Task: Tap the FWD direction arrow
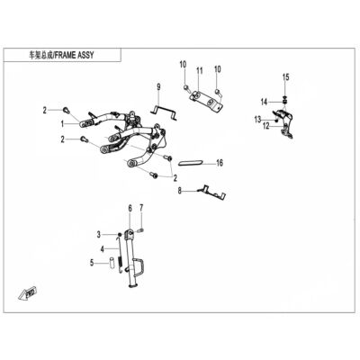click(27, 292)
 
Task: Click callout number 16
click(220, 163)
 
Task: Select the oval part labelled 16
click(191, 163)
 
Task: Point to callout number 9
click(158, 87)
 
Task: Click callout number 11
click(200, 71)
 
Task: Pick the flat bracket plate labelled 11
click(207, 101)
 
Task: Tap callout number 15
click(286, 77)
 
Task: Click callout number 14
click(264, 103)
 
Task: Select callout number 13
click(258, 120)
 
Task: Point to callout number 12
click(266, 127)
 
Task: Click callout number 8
click(180, 191)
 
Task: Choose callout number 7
click(141, 207)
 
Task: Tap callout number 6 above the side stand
click(130, 208)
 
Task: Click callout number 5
click(92, 263)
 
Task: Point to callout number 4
click(103, 248)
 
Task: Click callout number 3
click(99, 235)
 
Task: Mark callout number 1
click(63, 123)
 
